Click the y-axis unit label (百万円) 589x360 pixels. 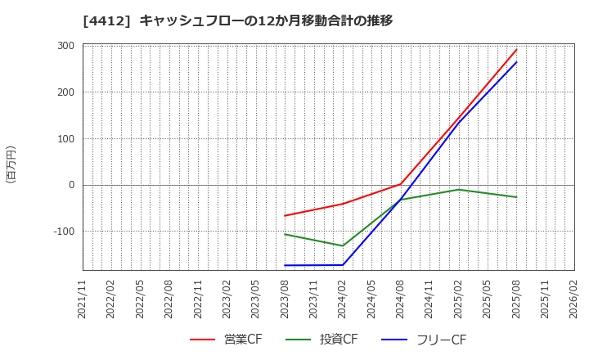pyautogui.click(x=11, y=164)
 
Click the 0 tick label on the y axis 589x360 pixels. pyautogui.click(x=72, y=185)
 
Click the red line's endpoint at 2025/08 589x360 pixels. pyautogui.click(x=516, y=50)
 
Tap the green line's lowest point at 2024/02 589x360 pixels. pyautogui.click(x=343, y=245)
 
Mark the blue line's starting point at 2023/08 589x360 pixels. pyautogui.click(x=285, y=265)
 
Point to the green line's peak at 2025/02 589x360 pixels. pyautogui.click(x=458, y=189)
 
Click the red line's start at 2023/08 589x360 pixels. pyautogui.click(x=285, y=216)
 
